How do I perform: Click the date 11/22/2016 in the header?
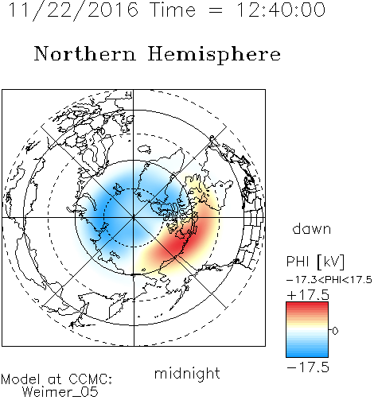(73, 10)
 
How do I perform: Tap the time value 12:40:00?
(281, 10)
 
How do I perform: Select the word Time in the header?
(173, 10)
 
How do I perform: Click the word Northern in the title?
(84, 53)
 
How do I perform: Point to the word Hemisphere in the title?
(214, 55)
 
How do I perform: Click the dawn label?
(312, 228)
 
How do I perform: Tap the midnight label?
(187, 373)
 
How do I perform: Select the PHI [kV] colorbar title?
(315, 262)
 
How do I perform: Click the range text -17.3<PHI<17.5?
(329, 280)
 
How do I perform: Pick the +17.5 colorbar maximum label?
(308, 295)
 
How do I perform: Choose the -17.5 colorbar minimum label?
(308, 367)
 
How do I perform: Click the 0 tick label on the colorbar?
(335, 331)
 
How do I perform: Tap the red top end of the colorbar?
(307, 305)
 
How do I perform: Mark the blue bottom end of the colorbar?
(307, 355)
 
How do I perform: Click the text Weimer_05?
(60, 392)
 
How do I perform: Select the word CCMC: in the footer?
(91, 379)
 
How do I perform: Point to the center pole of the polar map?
(134, 218)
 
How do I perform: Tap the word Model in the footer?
(21, 379)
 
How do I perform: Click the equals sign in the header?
(216, 11)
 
